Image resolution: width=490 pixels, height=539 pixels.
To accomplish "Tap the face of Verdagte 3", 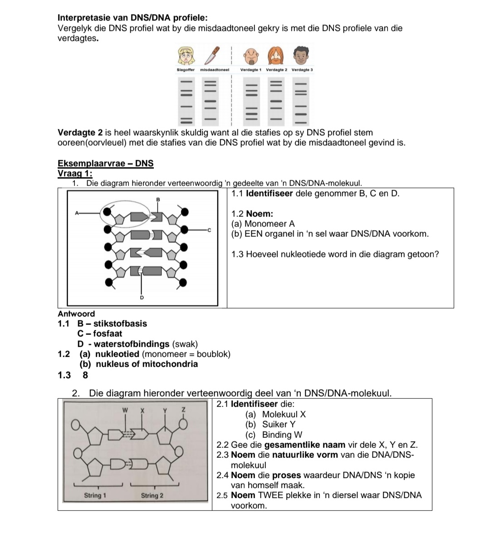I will tap(301, 56).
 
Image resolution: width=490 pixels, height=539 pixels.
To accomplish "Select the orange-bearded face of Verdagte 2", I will tap(276, 56).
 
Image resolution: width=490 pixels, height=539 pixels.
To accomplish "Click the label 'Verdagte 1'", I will tap(251, 70).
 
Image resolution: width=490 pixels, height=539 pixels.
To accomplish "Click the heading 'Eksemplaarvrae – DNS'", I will tap(106, 163).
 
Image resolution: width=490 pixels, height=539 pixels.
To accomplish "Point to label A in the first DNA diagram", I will tap(77, 212).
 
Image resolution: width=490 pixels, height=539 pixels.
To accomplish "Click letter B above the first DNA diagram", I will tap(158, 199).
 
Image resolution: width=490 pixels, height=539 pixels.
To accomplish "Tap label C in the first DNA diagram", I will tap(210, 230).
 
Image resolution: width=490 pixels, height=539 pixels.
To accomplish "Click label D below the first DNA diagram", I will tap(142, 298).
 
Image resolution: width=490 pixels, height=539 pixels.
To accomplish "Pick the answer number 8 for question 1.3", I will tap(85, 375).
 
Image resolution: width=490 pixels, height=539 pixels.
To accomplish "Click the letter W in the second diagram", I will tap(126, 410).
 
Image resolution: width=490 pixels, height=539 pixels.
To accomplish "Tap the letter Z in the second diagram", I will tap(183, 410).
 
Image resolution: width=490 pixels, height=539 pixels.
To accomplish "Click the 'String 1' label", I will tap(95, 495).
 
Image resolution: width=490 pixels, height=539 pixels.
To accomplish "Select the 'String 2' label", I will tap(152, 495).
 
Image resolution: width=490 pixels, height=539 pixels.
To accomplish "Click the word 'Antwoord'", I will tap(76, 314).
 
